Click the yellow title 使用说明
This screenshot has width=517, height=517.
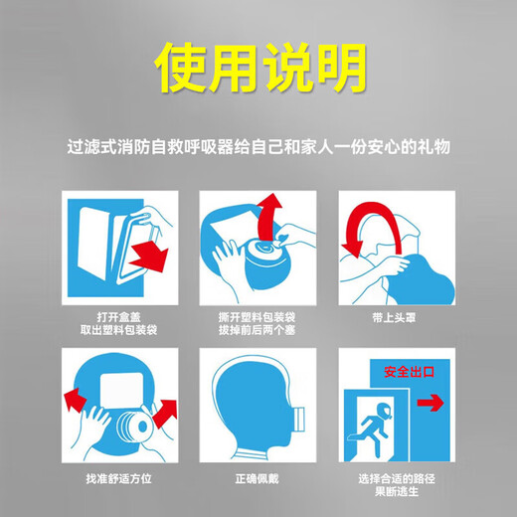[x=258, y=69]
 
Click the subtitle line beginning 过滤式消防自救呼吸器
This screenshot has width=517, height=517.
[x=258, y=146]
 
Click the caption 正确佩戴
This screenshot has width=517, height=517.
[x=258, y=478]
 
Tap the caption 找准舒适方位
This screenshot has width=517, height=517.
[x=119, y=478]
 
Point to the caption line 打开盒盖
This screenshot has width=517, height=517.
[x=119, y=317]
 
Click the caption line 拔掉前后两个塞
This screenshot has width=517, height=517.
[x=258, y=329]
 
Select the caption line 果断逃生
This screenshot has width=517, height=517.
[x=397, y=488]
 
